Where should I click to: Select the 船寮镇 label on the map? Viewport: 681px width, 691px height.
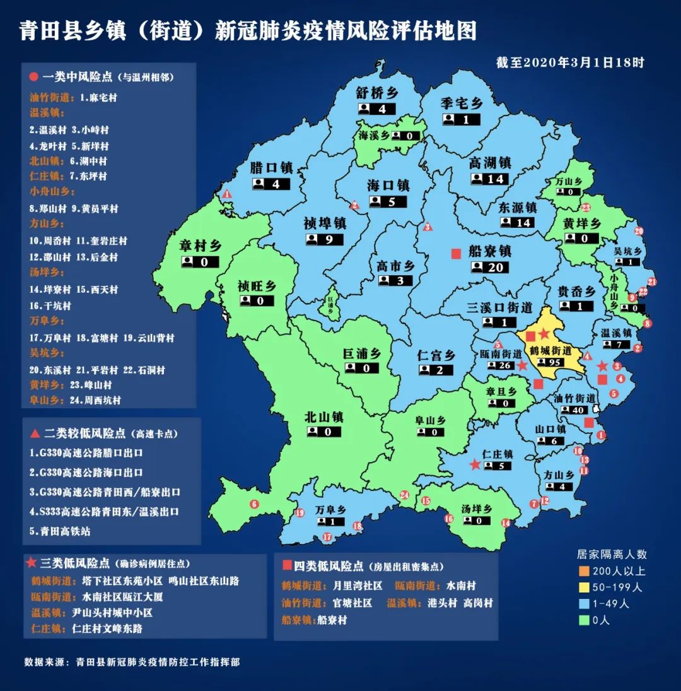coord(489,251)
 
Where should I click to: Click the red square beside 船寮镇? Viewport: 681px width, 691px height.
coord(455,254)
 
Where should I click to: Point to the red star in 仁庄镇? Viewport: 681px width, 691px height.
coord(475,464)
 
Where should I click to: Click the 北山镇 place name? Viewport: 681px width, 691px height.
coord(323,417)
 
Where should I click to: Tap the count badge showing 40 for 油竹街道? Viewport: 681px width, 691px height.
coord(573,410)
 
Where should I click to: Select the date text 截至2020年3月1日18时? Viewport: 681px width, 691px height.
coord(569,62)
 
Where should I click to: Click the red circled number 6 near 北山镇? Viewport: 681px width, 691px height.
coord(255,504)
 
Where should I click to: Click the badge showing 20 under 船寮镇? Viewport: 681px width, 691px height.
coord(489,267)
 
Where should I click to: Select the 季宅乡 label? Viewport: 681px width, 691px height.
coord(462,103)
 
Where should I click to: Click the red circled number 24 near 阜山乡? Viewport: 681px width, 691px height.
coord(404,495)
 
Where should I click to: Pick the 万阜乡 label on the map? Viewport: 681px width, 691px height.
coord(332,510)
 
